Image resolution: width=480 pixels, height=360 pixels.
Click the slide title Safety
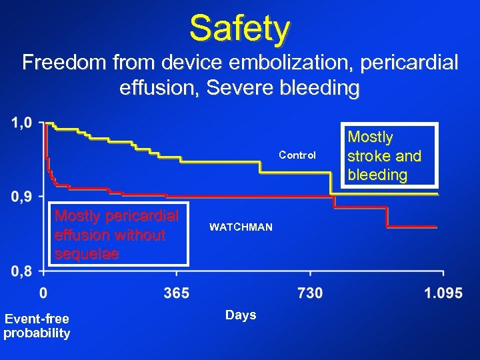(x=240, y=29)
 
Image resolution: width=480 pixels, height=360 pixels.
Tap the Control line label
(x=297, y=155)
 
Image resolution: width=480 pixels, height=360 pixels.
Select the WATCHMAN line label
(x=241, y=227)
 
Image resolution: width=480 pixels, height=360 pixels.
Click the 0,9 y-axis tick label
(x=21, y=197)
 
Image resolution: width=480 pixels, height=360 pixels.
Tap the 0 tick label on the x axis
(x=43, y=293)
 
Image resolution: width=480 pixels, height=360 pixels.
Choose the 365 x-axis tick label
(x=177, y=293)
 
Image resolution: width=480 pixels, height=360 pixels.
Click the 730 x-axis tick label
(x=310, y=293)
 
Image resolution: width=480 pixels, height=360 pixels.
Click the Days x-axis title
(x=241, y=315)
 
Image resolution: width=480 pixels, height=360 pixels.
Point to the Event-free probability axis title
(x=37, y=326)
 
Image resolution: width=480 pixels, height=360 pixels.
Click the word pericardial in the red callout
(x=139, y=216)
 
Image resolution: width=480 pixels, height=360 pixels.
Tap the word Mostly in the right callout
(x=371, y=137)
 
